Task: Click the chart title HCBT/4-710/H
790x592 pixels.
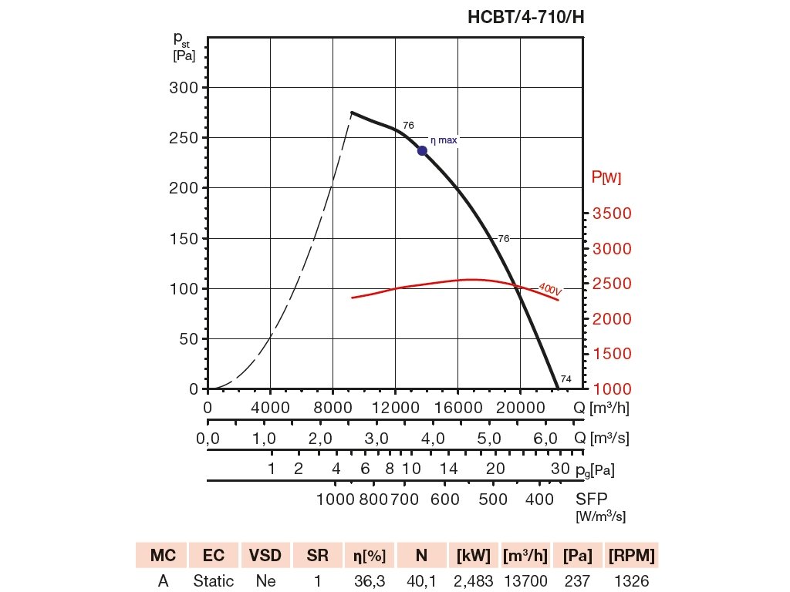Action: point(525,18)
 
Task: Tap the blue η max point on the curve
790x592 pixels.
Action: point(422,150)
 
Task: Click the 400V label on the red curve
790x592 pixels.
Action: point(549,289)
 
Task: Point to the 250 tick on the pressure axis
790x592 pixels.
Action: point(183,138)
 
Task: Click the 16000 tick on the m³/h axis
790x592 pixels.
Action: point(457,407)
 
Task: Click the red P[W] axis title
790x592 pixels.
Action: point(606,178)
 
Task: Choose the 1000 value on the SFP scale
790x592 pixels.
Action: point(335,499)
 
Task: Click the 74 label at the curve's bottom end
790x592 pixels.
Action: point(565,379)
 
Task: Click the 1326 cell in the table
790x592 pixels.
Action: point(633,581)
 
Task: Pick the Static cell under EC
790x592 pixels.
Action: point(214,581)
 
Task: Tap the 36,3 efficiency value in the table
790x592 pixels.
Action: point(370,581)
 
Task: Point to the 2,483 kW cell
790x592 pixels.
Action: point(474,581)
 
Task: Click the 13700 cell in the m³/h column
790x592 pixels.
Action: point(525,581)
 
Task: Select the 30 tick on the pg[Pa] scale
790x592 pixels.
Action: point(560,469)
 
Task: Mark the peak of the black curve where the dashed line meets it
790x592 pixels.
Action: point(352,113)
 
